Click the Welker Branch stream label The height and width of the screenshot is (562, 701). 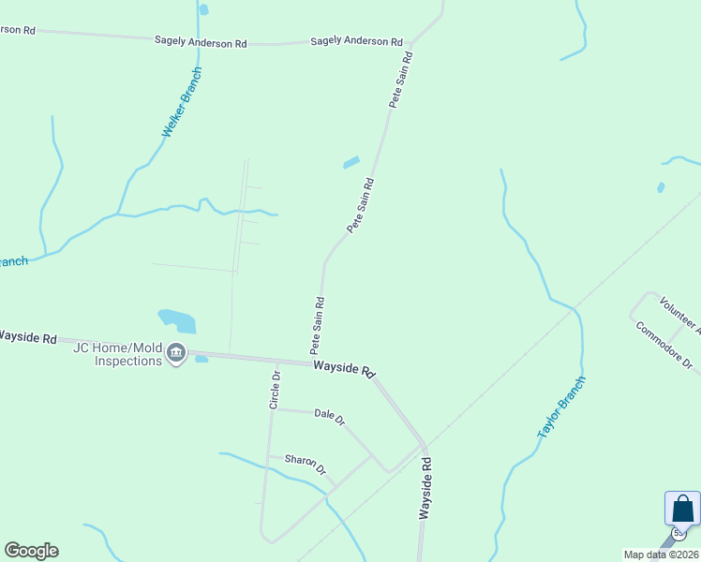(182, 103)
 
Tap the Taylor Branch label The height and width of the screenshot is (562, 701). (561, 407)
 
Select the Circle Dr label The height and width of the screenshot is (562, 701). (275, 389)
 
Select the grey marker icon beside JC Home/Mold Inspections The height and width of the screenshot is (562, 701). (176, 353)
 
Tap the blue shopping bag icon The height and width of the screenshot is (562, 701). (682, 510)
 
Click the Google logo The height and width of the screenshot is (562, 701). (31, 551)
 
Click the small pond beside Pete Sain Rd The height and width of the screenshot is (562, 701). (351, 162)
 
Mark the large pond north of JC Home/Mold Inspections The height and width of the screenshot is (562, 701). (177, 320)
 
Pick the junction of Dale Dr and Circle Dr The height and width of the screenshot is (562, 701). (273, 409)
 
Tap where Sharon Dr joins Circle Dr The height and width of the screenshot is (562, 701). (269, 456)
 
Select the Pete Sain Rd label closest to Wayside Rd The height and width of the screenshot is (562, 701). (319, 325)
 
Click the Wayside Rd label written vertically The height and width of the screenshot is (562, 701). (425, 489)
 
